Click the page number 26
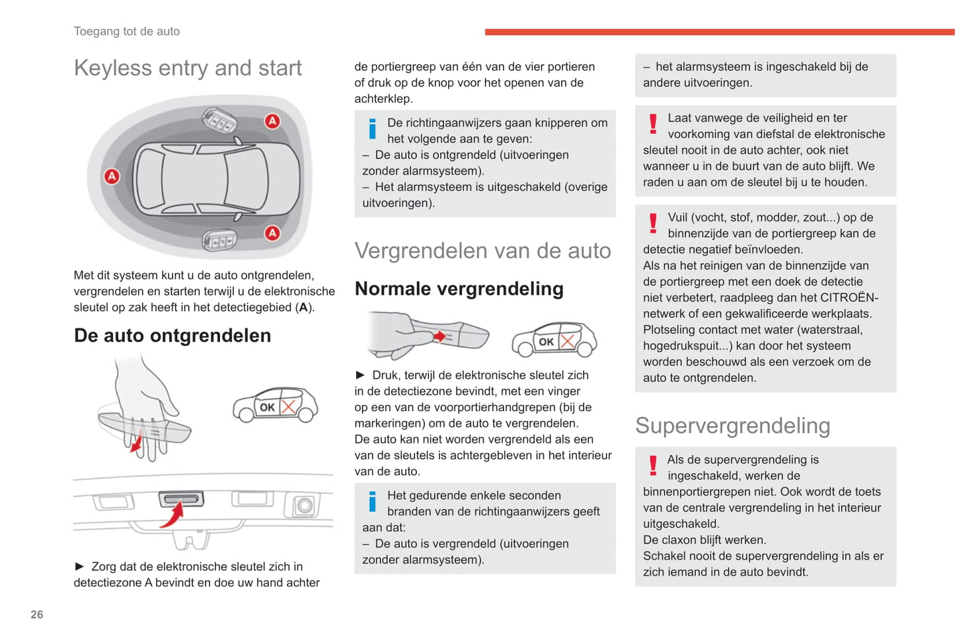[37, 615]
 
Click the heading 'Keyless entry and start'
[188, 68]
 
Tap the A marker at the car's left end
[112, 176]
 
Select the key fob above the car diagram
[219, 121]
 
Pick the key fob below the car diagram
[219, 240]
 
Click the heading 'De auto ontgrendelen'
[172, 336]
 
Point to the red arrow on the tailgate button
[173, 515]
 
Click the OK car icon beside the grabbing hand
[276, 405]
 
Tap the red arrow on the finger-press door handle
[439, 337]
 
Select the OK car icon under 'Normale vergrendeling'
[554, 340]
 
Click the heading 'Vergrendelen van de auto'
[482, 251]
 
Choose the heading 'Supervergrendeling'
[732, 426]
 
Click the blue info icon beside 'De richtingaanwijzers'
[373, 129]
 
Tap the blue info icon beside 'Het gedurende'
[373, 502]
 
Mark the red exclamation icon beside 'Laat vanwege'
[653, 124]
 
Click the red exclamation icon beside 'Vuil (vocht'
[653, 223]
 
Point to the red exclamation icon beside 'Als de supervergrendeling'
[653, 466]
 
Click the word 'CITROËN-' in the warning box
[849, 298]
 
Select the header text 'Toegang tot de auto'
[127, 31]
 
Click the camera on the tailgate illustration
[305, 506]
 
